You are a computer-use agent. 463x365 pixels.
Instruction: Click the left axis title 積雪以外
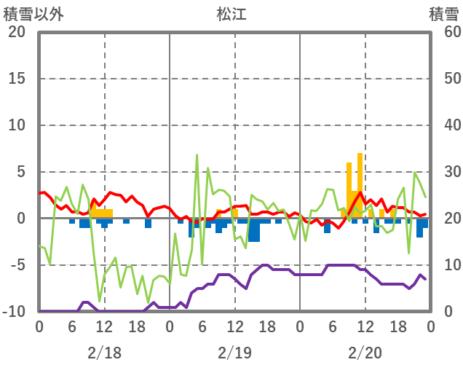[x=33, y=14]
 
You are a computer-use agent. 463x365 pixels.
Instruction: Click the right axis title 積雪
[x=443, y=14]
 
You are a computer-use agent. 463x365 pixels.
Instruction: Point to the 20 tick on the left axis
[x=17, y=32]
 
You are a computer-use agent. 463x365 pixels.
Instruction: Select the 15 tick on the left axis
[x=17, y=79]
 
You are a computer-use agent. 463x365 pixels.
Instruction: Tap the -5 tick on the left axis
[x=17, y=265]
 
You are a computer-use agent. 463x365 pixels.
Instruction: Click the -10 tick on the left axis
[x=14, y=312]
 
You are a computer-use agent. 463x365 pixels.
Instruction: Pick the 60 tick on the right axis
[x=446, y=32]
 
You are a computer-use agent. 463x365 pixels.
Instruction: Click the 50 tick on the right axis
[x=446, y=79]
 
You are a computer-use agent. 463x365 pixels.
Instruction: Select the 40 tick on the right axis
[x=446, y=125]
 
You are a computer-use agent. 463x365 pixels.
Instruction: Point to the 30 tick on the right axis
[x=446, y=172]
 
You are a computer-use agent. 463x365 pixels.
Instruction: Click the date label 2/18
[x=104, y=353]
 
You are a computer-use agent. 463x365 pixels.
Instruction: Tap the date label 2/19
[x=234, y=353]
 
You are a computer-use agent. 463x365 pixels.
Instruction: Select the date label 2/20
[x=365, y=353]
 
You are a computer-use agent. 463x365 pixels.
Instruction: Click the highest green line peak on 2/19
[x=197, y=155]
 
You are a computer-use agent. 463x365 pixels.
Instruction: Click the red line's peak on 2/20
[x=360, y=192]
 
